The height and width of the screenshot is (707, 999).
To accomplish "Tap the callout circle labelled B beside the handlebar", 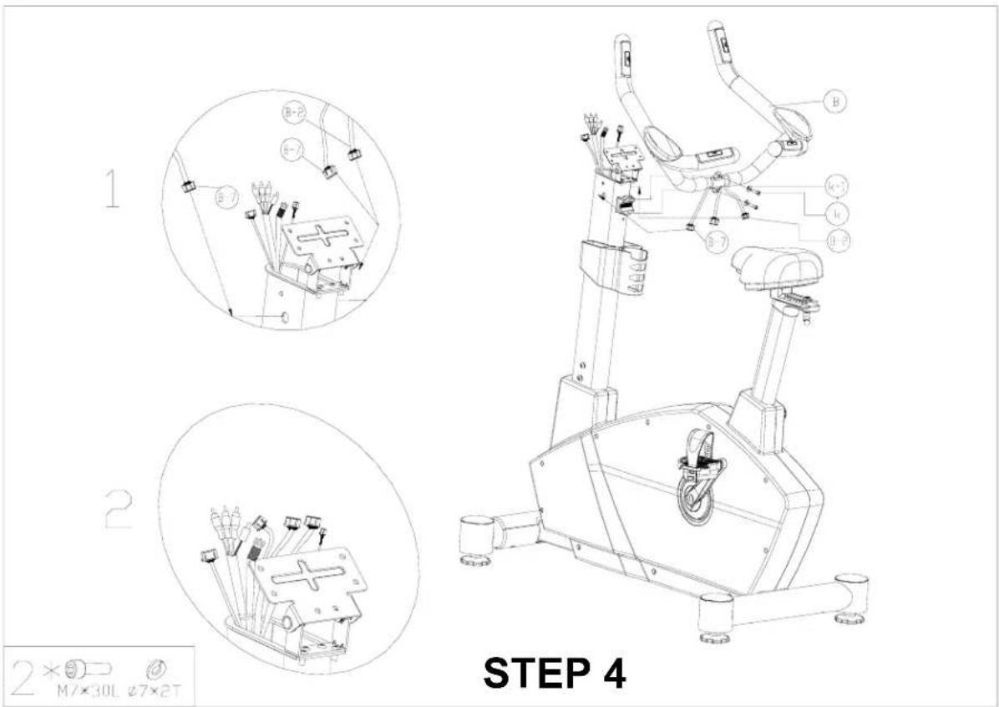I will pos(834,102).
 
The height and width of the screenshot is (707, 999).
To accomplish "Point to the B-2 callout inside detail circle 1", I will pos(291,113).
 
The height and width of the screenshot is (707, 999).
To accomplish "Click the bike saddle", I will pos(776,267).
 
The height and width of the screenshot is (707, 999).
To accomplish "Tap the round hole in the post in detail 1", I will pos(287,318).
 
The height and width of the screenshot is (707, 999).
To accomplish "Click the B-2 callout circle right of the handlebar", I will pos(838,242).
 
